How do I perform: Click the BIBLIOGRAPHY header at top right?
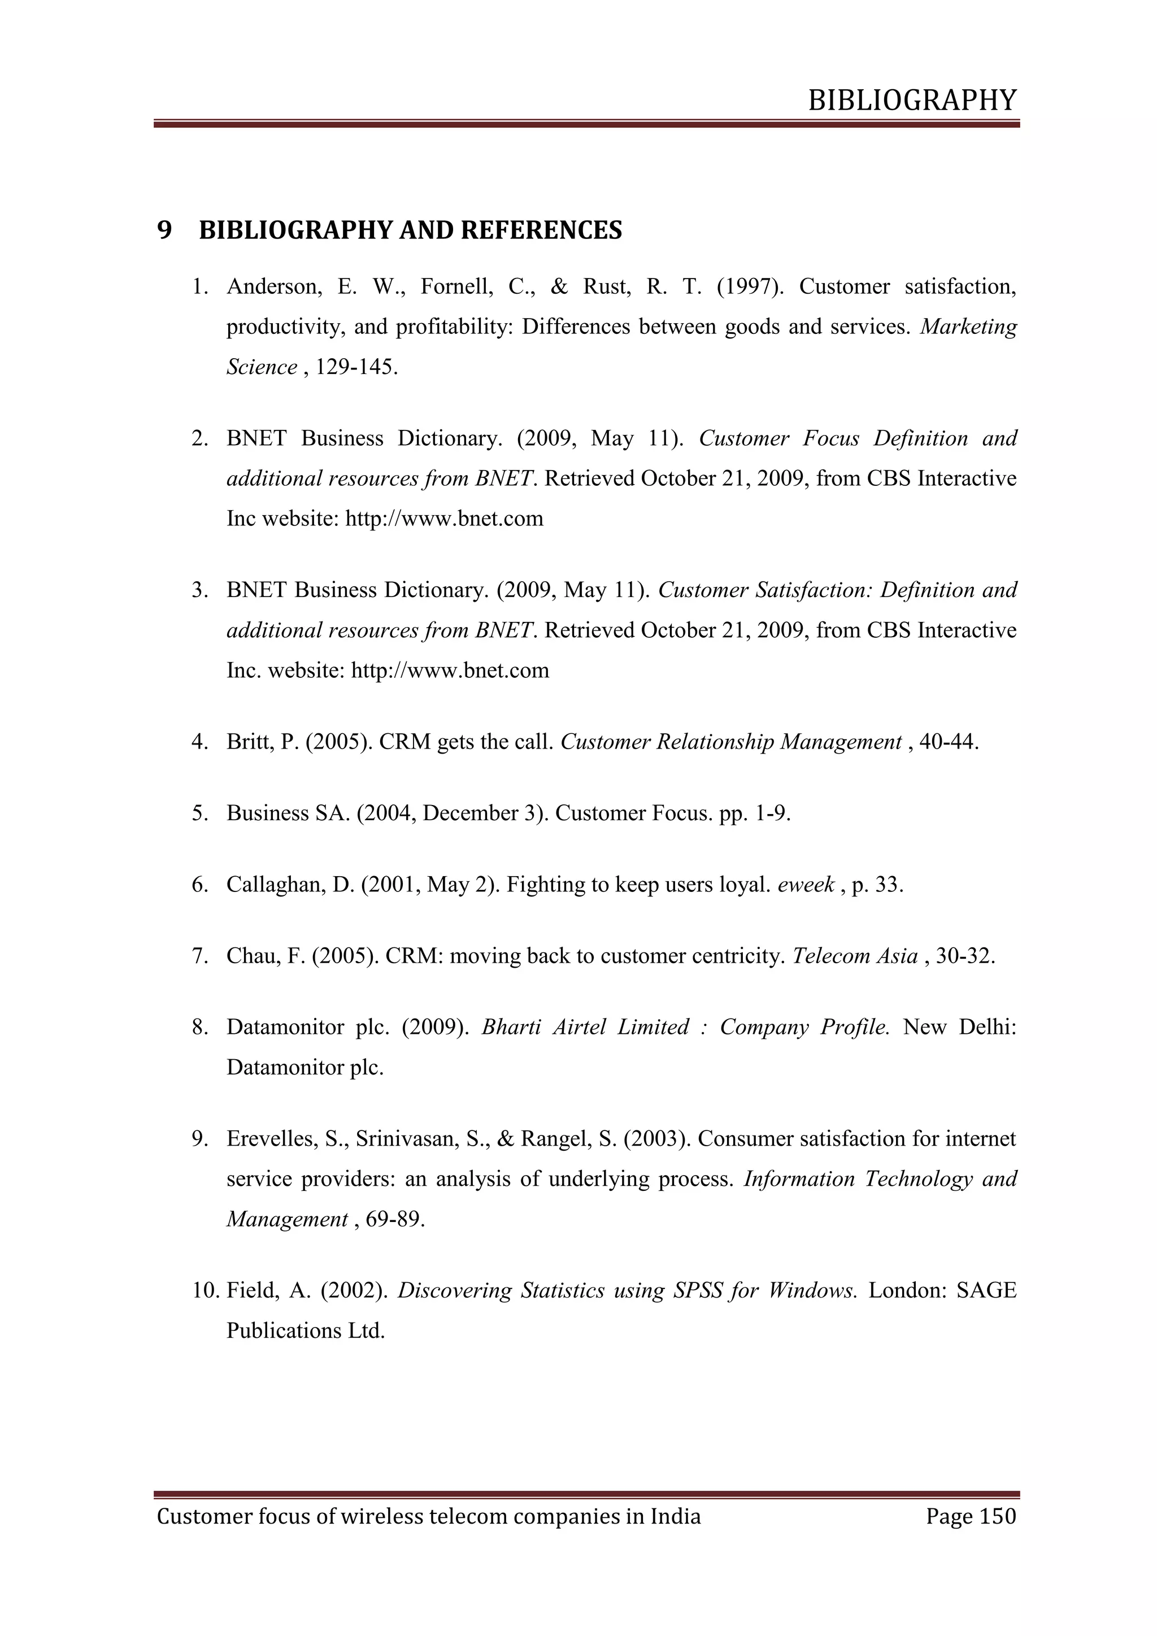point(912,101)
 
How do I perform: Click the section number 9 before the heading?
point(164,230)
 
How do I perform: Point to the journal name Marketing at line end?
point(968,327)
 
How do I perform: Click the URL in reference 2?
point(444,518)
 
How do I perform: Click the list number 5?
point(198,813)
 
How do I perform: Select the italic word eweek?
point(806,884)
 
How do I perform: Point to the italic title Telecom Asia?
point(854,955)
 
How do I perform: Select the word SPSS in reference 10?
point(696,1290)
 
